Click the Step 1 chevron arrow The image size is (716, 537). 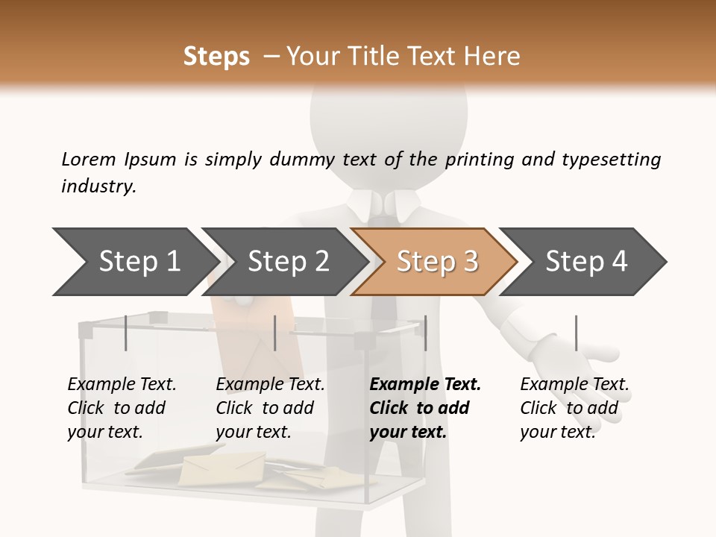(x=134, y=262)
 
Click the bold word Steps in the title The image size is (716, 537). (x=216, y=57)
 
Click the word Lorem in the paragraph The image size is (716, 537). (x=89, y=159)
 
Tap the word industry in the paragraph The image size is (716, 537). (x=98, y=186)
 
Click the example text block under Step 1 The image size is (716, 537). (x=122, y=408)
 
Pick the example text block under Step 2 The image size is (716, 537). (x=270, y=408)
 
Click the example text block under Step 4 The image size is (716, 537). (x=574, y=408)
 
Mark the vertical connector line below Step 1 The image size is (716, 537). (x=126, y=333)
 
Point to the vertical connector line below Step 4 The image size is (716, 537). (x=576, y=333)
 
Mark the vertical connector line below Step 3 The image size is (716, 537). (x=425, y=333)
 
